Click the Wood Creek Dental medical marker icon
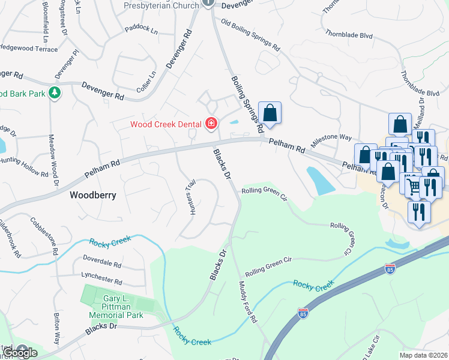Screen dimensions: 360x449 click(211, 124)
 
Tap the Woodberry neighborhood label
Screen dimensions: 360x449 click(92, 195)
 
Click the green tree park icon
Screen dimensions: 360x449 click(55, 93)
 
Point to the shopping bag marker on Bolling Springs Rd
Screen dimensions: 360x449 click(270, 113)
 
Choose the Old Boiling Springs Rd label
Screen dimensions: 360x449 click(251, 34)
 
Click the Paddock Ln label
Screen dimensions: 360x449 click(141, 28)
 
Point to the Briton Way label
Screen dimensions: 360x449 click(57, 330)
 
